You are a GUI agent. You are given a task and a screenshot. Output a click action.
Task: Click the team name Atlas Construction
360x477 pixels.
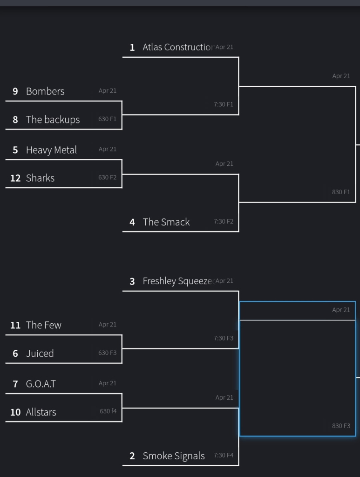(177, 48)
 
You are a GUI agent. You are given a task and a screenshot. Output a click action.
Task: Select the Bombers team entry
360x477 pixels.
(45, 91)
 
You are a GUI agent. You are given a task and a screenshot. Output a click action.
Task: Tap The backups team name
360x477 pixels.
(53, 120)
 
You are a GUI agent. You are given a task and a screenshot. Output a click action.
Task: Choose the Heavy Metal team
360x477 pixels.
(51, 150)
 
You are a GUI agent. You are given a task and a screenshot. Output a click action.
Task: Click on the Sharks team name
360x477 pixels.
(40, 178)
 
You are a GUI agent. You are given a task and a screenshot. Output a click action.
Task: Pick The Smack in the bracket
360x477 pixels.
(166, 222)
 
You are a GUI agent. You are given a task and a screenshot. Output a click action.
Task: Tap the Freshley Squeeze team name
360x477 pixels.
(177, 281)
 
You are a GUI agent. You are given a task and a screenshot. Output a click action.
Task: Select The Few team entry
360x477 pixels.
(43, 325)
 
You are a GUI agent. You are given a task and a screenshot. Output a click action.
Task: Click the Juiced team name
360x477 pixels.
(40, 354)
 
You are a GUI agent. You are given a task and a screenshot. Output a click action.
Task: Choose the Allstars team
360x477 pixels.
(41, 412)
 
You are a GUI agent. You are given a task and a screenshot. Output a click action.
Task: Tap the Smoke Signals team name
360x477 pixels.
(173, 456)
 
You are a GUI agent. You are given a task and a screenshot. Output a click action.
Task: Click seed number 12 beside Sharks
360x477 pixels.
(15, 178)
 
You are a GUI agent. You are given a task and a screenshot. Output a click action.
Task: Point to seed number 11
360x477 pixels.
(15, 325)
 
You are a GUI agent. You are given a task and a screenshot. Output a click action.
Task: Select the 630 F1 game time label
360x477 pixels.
(107, 119)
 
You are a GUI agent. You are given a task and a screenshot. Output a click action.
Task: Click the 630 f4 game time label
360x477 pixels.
(108, 411)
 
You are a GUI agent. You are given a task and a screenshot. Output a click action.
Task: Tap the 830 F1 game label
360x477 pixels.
(341, 192)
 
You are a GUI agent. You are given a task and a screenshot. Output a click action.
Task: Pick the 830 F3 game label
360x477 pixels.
(341, 426)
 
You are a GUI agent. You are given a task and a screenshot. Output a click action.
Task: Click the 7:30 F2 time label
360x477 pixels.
(224, 221)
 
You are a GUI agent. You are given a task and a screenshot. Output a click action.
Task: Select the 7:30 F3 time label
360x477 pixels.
(224, 338)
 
